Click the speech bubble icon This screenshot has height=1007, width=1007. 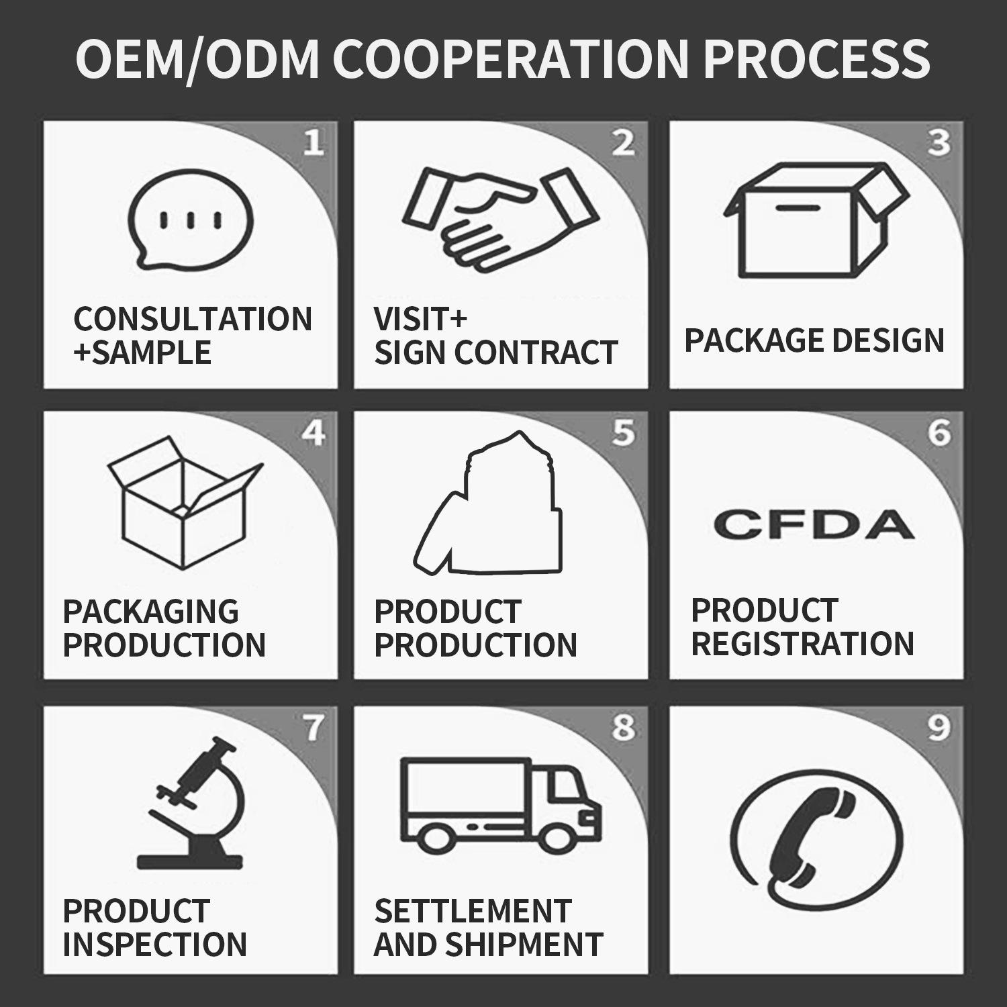click(190, 219)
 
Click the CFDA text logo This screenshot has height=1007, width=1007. click(814, 524)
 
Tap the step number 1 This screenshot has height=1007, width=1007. click(314, 143)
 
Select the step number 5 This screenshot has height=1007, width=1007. click(624, 433)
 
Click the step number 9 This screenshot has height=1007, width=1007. click(938, 728)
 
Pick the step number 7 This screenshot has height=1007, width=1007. click(313, 728)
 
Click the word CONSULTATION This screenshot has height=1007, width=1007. click(193, 319)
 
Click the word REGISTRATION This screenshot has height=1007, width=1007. click(802, 644)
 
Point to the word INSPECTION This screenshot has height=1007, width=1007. click(154, 945)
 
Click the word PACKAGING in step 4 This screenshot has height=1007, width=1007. click(150, 612)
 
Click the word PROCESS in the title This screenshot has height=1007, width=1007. click(816, 59)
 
